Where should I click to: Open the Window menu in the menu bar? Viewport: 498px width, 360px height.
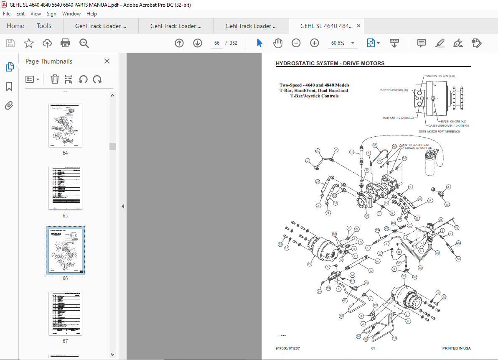point(71,14)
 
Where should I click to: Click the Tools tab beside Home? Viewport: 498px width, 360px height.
point(44,26)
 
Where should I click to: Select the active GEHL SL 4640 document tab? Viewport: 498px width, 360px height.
point(326,26)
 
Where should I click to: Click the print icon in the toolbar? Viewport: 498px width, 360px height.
point(65,43)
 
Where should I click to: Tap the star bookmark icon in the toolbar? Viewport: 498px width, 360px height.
point(28,43)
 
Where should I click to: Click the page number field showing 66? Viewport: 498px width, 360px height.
point(216,43)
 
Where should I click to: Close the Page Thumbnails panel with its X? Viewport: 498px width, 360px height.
point(107,61)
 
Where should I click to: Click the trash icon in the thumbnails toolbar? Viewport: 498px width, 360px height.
point(55,79)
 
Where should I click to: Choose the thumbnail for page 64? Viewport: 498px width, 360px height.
point(65,125)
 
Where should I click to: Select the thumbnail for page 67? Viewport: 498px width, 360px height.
point(65,314)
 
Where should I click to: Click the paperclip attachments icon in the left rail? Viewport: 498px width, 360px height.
point(9,106)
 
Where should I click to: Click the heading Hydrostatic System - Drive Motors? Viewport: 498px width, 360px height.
point(330,64)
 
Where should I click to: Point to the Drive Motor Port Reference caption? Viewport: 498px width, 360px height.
point(439,131)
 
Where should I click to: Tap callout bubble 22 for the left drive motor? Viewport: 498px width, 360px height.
point(310,264)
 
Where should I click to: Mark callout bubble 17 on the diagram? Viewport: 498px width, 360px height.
point(371,271)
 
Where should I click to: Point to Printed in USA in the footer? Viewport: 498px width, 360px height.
point(456,348)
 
